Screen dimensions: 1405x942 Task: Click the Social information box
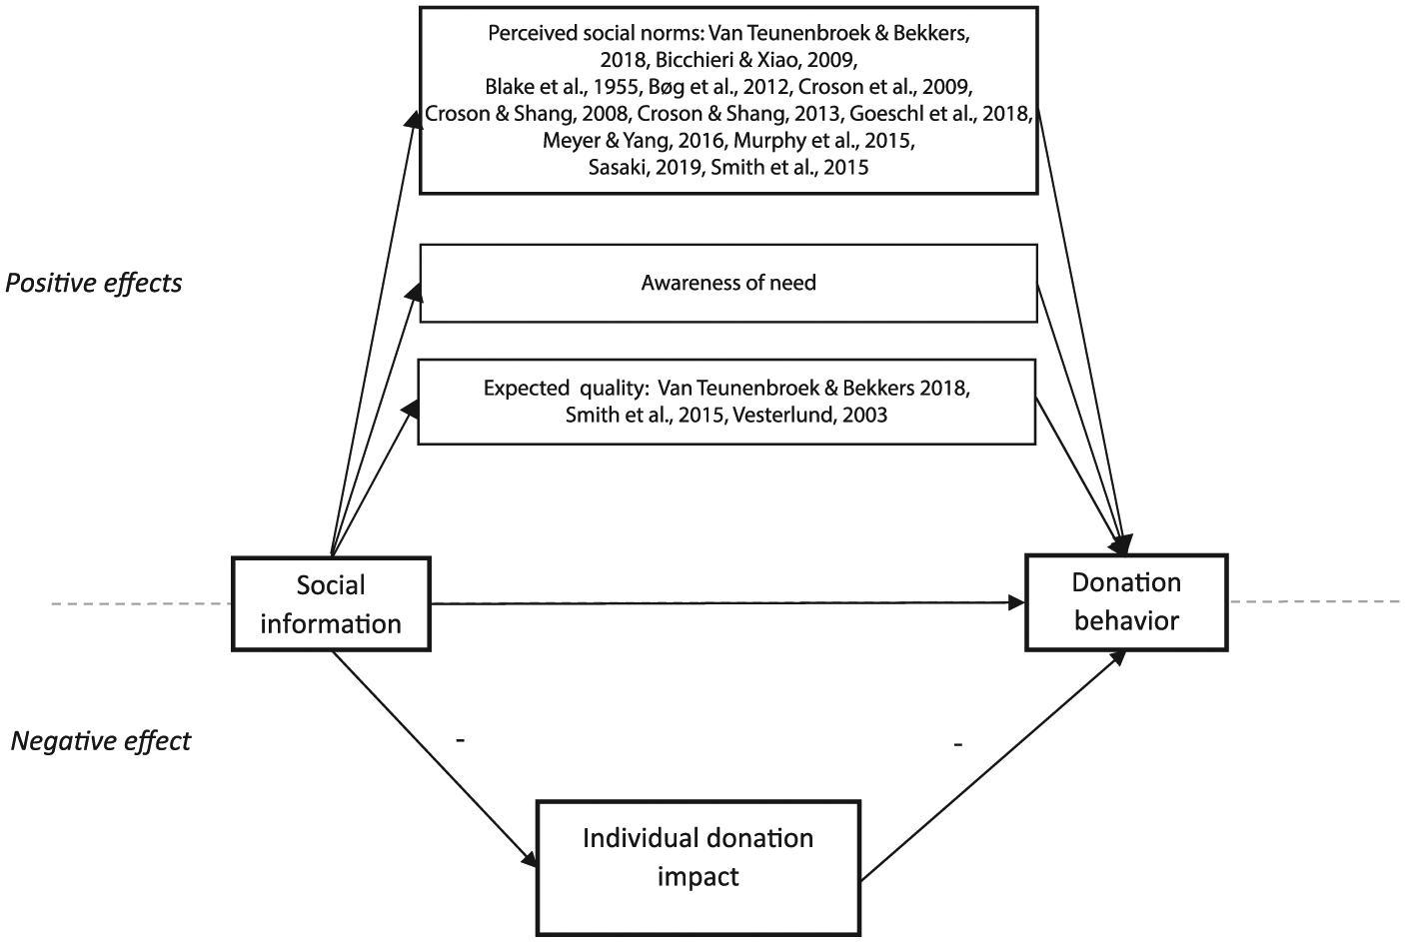[x=331, y=604]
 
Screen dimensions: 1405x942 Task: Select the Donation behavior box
[x=1126, y=602]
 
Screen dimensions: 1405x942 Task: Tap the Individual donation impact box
[x=699, y=867]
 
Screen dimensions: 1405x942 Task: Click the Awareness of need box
[x=728, y=284]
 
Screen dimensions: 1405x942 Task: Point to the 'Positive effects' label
[x=94, y=284]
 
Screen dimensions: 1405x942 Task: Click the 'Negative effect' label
[x=100, y=741]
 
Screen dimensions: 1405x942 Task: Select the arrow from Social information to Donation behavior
[x=727, y=603]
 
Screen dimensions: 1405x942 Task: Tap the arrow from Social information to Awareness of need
[x=376, y=420]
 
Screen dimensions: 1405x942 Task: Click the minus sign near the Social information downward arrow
[x=460, y=740]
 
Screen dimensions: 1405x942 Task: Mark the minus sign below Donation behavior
[x=957, y=745]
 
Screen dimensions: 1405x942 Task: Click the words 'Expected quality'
[x=564, y=389]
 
